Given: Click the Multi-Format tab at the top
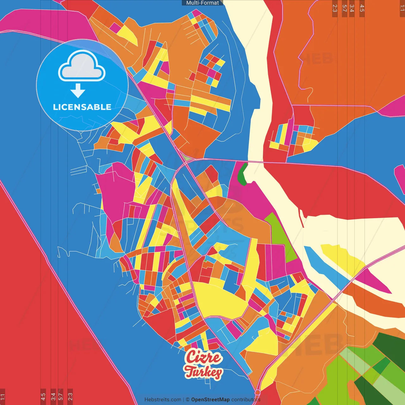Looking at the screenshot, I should pyautogui.click(x=202, y=3).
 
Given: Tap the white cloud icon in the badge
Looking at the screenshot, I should pyautogui.click(x=82, y=66).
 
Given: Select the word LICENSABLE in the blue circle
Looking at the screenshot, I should pyautogui.click(x=82, y=107).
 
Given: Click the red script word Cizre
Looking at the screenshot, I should pyautogui.click(x=203, y=357).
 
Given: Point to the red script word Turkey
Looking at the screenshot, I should pyautogui.click(x=204, y=372).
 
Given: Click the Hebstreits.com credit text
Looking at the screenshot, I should pyautogui.click(x=163, y=400).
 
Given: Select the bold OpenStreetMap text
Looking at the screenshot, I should pyautogui.click(x=210, y=400).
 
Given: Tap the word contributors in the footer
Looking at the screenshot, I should pyautogui.click(x=246, y=400).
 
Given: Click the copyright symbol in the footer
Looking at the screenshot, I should pyautogui.click(x=188, y=400).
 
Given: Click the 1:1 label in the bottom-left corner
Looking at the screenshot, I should pyautogui.click(x=3, y=397).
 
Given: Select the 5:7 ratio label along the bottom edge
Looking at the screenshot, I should pyautogui.click(x=60, y=396).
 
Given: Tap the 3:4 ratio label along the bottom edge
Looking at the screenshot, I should pyautogui.click(x=53, y=396).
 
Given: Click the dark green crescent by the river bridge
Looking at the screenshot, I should pyautogui.click(x=242, y=174).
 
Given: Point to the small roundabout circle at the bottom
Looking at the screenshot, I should pyautogui.click(x=258, y=393).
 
